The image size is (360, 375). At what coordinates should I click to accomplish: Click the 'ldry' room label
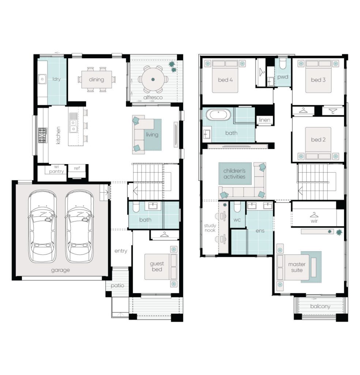tap(56, 79)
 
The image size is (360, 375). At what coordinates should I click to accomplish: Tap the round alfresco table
tap(153, 79)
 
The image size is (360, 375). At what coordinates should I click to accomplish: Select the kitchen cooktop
tap(43, 135)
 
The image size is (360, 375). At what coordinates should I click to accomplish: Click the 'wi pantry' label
tap(56, 169)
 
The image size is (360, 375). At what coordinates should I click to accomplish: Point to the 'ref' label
tap(77, 168)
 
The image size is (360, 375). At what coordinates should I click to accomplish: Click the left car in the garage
tap(42, 226)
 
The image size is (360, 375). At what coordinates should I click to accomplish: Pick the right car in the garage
tap(79, 226)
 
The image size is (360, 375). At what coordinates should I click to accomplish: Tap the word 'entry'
tap(121, 251)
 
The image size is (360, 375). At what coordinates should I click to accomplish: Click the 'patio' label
tap(117, 286)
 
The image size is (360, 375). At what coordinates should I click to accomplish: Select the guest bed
tap(161, 267)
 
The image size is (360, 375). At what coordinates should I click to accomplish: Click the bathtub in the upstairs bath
tap(218, 115)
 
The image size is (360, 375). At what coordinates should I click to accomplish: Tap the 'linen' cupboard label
tap(265, 120)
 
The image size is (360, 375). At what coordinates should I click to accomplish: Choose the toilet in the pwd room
tap(283, 64)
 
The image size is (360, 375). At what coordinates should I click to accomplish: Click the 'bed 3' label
tap(318, 80)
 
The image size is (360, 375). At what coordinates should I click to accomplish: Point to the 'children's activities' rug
tap(235, 174)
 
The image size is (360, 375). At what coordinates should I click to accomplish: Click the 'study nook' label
tap(210, 228)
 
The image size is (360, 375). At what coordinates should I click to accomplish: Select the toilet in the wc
tap(237, 207)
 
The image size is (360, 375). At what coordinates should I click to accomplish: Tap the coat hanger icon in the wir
tap(314, 214)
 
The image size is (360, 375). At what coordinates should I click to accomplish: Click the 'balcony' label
tap(320, 307)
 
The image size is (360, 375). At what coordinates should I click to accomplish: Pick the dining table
tap(97, 79)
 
